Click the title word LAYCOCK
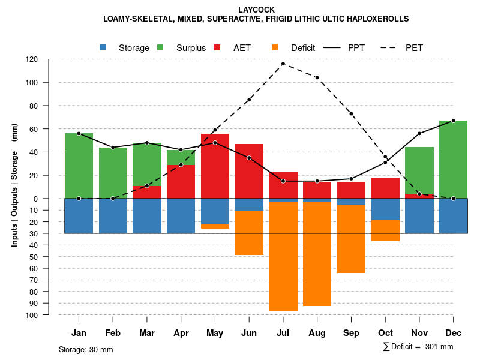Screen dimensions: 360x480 click(256, 10)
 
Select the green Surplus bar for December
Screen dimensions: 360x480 click(453, 159)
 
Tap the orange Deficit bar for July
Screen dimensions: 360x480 click(283, 256)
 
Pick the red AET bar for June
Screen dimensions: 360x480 click(249, 177)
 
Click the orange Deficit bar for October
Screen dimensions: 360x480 click(385, 230)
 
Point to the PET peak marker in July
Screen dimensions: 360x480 click(283, 64)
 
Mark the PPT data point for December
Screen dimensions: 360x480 click(453, 121)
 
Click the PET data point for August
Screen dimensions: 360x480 click(317, 77)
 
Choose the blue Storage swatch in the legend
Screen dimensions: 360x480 click(103, 48)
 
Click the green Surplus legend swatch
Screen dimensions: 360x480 click(160, 48)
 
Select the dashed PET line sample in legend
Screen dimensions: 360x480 click(392, 48)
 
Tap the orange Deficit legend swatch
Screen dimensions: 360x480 click(275, 48)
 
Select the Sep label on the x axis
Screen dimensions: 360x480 click(351, 333)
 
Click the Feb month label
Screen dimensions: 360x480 click(113, 333)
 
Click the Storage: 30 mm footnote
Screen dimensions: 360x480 click(86, 349)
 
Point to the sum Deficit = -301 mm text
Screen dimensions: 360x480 click(418, 346)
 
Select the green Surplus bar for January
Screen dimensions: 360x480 click(79, 166)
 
